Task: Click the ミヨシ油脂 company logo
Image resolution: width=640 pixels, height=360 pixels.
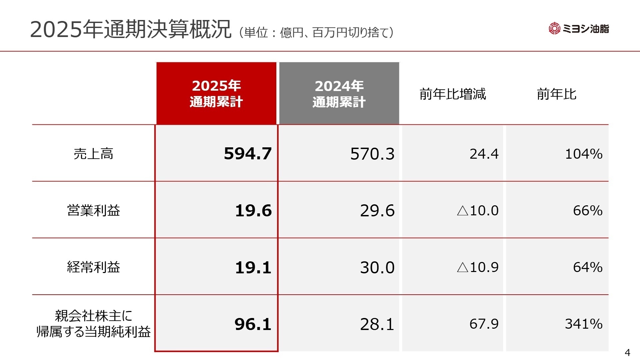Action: tap(579, 29)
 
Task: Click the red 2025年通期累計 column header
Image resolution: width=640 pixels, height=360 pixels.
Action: tap(216, 94)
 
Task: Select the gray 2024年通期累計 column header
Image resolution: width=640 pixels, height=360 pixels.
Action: tap(339, 94)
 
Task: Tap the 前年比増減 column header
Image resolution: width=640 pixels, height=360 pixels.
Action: tap(453, 94)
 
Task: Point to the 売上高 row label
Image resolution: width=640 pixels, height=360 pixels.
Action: tap(93, 154)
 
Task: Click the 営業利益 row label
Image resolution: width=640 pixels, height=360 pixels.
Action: tap(93, 210)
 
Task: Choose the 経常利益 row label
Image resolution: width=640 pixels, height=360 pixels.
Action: tap(93, 267)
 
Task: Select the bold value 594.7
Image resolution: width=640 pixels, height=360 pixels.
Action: tap(248, 154)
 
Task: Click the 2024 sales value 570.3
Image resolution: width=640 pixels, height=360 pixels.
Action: tap(372, 154)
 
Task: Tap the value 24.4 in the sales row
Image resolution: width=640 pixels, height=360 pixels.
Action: tap(484, 154)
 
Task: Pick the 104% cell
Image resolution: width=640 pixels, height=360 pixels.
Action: tap(584, 154)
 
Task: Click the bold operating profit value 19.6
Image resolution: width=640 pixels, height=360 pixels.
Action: tap(253, 211)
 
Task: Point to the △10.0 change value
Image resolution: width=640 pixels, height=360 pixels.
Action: tap(478, 211)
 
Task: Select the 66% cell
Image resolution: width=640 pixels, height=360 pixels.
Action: tap(588, 211)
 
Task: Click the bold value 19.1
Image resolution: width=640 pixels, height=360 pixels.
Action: tap(253, 267)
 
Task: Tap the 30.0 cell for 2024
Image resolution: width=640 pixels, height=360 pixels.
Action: tap(377, 267)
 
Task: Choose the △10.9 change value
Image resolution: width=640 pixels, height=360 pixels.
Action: tap(478, 267)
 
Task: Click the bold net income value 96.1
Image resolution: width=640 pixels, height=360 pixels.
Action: tap(253, 324)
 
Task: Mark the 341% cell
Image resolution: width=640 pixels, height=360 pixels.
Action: tap(584, 324)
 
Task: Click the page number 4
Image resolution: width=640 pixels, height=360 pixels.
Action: tap(627, 352)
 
